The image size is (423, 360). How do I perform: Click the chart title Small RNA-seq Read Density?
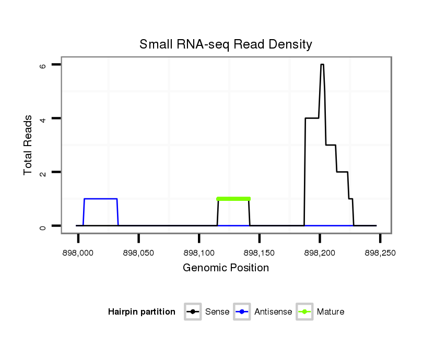click(226, 44)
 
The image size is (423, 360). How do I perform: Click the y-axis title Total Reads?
click(30, 145)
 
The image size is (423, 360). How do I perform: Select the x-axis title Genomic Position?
click(226, 268)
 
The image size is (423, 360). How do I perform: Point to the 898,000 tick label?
click(78, 253)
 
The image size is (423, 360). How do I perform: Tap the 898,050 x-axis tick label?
click(138, 253)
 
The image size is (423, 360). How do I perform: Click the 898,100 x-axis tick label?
click(199, 253)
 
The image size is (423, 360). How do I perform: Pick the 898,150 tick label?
click(260, 253)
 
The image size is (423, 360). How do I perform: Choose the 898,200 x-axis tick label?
click(320, 253)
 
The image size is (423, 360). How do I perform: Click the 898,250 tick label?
click(380, 253)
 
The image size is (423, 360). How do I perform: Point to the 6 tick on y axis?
click(44, 65)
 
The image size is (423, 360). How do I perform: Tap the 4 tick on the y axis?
click(44, 118)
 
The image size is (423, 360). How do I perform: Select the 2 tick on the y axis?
click(44, 172)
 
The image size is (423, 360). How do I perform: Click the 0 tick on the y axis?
click(44, 226)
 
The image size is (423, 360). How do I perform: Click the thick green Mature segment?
click(233, 199)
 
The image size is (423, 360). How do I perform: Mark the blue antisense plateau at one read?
click(100, 199)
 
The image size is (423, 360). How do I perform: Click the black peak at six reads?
click(322, 65)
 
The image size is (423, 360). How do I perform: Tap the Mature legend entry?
click(320, 312)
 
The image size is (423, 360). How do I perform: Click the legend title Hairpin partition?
click(142, 312)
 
